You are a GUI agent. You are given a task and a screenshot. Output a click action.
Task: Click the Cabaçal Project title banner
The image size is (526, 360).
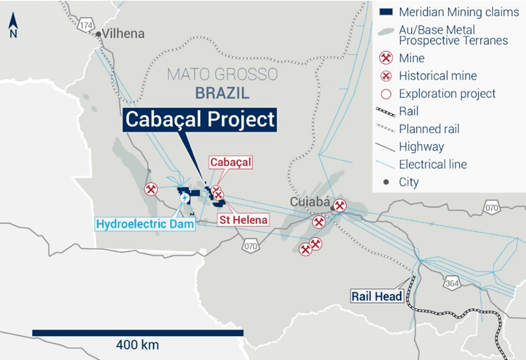pyautogui.click(x=199, y=120)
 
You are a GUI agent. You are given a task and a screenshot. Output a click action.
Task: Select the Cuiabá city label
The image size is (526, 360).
pyautogui.click(x=310, y=203)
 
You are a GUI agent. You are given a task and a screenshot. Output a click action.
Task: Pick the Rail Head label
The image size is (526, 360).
pyautogui.click(x=377, y=297)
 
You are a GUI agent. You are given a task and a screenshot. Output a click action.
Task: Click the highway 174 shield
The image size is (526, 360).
pyautogui.click(x=87, y=25)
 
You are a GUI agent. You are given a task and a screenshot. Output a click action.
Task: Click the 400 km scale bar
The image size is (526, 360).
pyautogui.click(x=137, y=333)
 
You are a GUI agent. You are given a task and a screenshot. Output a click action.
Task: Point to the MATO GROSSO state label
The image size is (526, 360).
pyautogui.click(x=222, y=75)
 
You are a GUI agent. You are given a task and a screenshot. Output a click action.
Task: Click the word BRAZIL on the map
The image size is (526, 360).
pyautogui.click(x=223, y=92)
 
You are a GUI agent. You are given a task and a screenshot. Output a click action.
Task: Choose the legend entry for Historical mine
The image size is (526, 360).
pyautogui.click(x=437, y=76)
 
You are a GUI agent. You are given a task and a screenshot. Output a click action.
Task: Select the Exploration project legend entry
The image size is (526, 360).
pyautogui.click(x=446, y=94)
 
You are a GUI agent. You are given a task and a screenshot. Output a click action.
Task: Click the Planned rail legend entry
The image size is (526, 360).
pyautogui.click(x=430, y=129)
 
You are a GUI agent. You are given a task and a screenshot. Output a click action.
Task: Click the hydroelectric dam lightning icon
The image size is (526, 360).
pyautogui.click(x=184, y=197)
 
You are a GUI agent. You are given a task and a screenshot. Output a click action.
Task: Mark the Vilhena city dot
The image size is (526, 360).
pyautogui.click(x=99, y=33)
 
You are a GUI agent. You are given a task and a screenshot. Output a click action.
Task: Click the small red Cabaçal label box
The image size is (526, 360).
pyautogui.click(x=230, y=163)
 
